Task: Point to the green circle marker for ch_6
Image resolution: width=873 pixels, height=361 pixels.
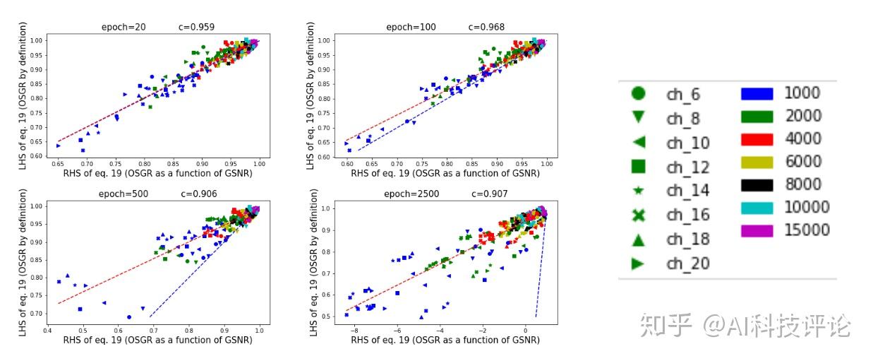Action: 638,93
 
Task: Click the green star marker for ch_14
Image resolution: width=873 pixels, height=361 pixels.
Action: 638,191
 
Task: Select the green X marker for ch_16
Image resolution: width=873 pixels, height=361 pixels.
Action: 638,215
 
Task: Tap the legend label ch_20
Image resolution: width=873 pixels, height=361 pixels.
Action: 688,264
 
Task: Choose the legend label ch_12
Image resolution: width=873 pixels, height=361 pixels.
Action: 688,167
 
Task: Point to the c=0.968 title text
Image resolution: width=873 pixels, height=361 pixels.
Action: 486,28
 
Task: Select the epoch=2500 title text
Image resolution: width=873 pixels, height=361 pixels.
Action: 411,194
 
